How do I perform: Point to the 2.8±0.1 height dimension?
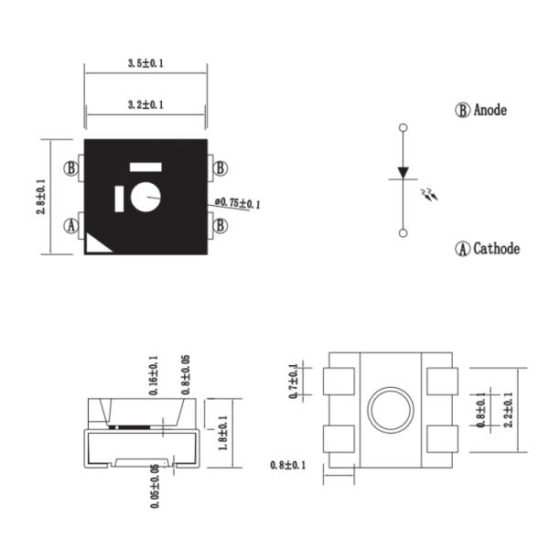pyautogui.click(x=40, y=197)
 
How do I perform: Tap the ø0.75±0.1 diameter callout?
pyautogui.click(x=238, y=202)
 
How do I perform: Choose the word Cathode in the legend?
pyautogui.click(x=496, y=249)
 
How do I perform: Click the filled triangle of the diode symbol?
pyautogui.click(x=404, y=171)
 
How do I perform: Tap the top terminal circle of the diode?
pyautogui.click(x=404, y=127)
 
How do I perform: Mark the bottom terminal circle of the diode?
pyautogui.click(x=404, y=233)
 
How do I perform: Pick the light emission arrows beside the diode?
pyautogui.click(x=428, y=195)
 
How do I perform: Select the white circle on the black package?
pyautogui.click(x=145, y=196)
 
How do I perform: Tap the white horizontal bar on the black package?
pyautogui.click(x=145, y=167)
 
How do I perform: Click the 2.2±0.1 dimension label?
pyautogui.click(x=509, y=409)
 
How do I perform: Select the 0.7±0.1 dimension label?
pyautogui.click(x=294, y=382)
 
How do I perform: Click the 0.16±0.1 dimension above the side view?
pyautogui.click(x=153, y=375)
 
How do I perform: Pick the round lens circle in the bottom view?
pyautogui.click(x=391, y=409)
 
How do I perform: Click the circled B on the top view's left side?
pyautogui.click(x=71, y=168)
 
